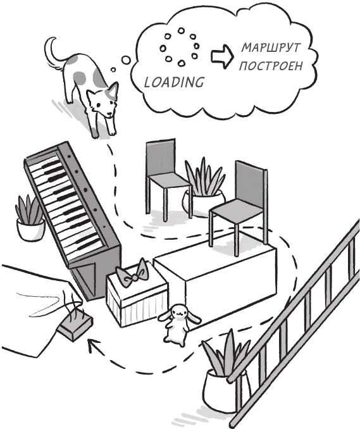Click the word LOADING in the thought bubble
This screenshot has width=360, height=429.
coord(174,82)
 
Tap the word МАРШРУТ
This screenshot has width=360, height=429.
coord(271,48)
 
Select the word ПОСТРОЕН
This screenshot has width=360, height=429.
coord(271,66)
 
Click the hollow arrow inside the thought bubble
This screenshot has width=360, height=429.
coord(222,56)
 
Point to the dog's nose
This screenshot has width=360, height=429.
coord(109,114)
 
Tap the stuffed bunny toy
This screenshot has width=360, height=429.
coord(178,325)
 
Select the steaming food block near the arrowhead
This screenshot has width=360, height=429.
coord(75,326)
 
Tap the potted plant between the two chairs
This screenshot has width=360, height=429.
coord(204,188)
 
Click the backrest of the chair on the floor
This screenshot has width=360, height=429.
coord(160,158)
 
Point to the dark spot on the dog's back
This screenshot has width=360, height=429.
coord(79,78)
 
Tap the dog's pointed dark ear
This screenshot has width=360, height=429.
coord(113,90)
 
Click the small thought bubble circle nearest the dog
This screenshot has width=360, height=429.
coord(113,70)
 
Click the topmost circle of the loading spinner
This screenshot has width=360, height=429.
coord(181,30)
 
